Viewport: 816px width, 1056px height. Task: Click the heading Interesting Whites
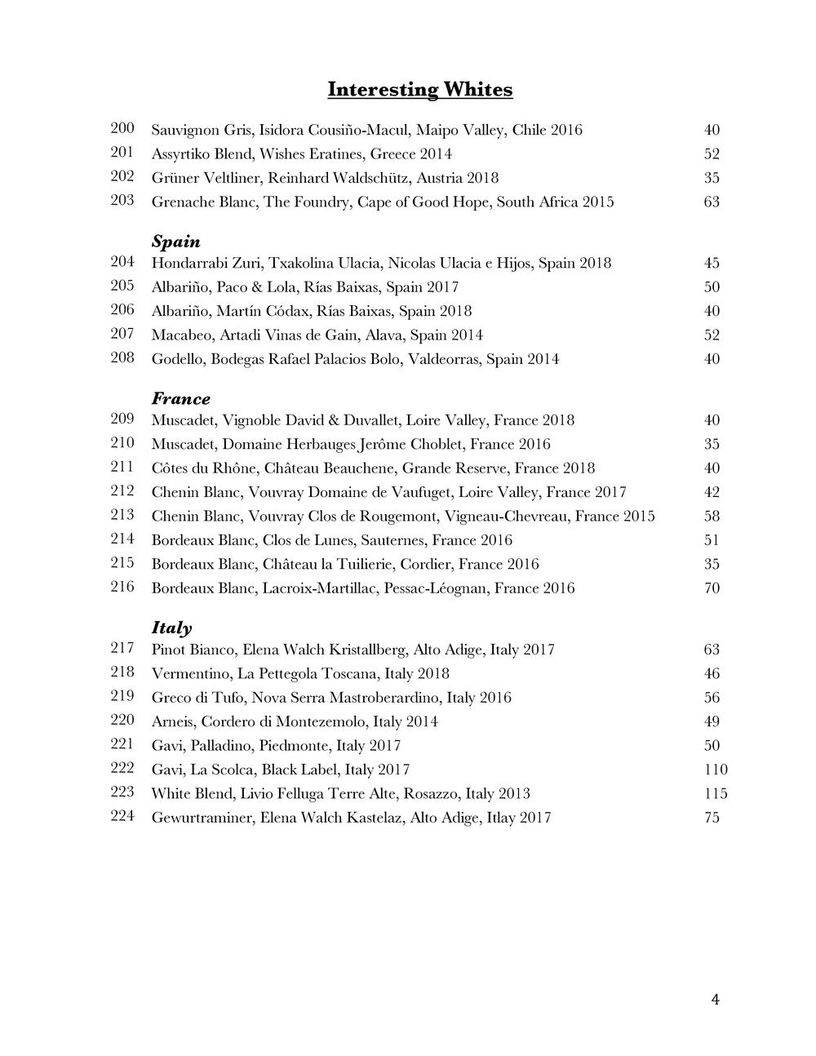click(419, 89)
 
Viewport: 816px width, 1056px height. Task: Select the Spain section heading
click(175, 242)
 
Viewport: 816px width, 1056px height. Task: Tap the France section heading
click(180, 399)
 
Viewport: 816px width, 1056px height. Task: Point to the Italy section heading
click(171, 628)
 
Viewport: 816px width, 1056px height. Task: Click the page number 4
click(715, 1000)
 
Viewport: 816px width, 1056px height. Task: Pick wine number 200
click(122, 128)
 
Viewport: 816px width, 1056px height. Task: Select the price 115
click(715, 793)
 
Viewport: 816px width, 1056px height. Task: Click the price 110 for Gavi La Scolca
click(715, 770)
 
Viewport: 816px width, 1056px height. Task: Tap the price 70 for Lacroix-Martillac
click(712, 588)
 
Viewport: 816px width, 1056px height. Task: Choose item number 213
click(122, 515)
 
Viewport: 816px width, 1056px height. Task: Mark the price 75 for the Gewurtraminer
click(712, 817)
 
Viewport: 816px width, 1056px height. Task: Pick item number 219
click(122, 696)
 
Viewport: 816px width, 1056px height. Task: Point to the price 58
click(712, 516)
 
